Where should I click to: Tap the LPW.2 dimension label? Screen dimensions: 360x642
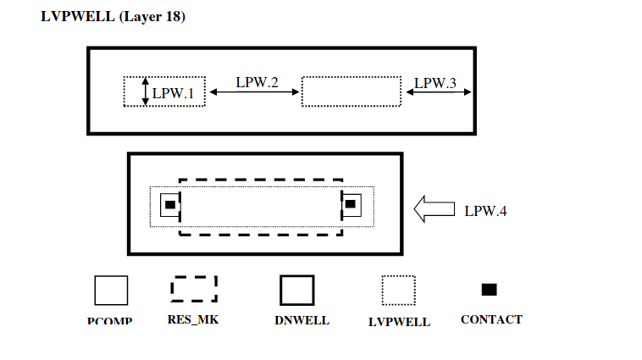pos(257,82)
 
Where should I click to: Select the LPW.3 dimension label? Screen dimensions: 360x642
pos(435,82)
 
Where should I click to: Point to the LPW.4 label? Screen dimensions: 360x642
pos(485,210)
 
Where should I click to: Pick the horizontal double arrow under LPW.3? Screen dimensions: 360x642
pos(439,93)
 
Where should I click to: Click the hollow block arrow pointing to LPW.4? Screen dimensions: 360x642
pos(434,208)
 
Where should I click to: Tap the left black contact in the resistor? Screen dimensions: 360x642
pos(169,205)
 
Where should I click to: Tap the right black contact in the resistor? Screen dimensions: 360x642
pos(351,204)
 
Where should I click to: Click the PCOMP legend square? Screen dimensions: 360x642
pos(111,291)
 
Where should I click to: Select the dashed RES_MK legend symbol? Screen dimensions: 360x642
pos(193,289)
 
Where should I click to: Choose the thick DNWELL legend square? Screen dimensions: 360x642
pos(297,291)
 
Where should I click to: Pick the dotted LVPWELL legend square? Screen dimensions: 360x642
pos(398,291)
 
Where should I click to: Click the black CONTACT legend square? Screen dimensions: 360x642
pos(489,290)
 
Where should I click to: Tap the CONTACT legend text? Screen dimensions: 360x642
pos(491,319)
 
